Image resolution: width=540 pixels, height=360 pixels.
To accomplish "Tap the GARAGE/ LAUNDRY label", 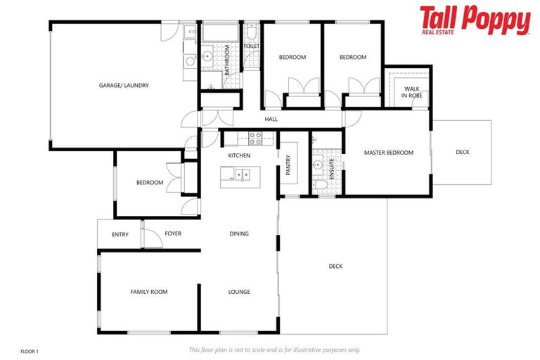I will [x=124, y=86].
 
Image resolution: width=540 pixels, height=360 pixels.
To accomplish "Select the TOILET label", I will [x=252, y=46].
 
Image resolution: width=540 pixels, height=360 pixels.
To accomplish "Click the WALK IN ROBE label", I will [x=411, y=91].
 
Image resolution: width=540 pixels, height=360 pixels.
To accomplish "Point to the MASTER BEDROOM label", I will [x=388, y=153].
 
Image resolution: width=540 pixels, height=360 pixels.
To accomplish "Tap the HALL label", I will [x=271, y=120].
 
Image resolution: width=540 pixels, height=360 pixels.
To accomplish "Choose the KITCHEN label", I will [x=239, y=155].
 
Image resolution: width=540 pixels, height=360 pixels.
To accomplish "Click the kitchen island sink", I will [x=242, y=174].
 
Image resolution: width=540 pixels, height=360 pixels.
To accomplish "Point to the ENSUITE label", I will [x=332, y=170].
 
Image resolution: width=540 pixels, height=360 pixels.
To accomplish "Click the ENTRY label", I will [x=120, y=234].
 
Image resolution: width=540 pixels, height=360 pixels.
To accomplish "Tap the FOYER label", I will [x=173, y=233].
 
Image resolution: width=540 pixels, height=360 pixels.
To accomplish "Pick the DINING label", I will [x=239, y=234].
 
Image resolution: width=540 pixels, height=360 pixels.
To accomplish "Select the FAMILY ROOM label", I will [x=149, y=292].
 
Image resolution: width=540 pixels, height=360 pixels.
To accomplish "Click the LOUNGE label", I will [x=239, y=292].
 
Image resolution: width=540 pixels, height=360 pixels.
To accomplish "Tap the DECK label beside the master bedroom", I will [x=462, y=153].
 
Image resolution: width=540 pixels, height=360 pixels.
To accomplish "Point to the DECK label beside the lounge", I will [x=335, y=266].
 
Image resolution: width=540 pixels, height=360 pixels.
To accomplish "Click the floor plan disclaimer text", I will [x=274, y=349].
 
